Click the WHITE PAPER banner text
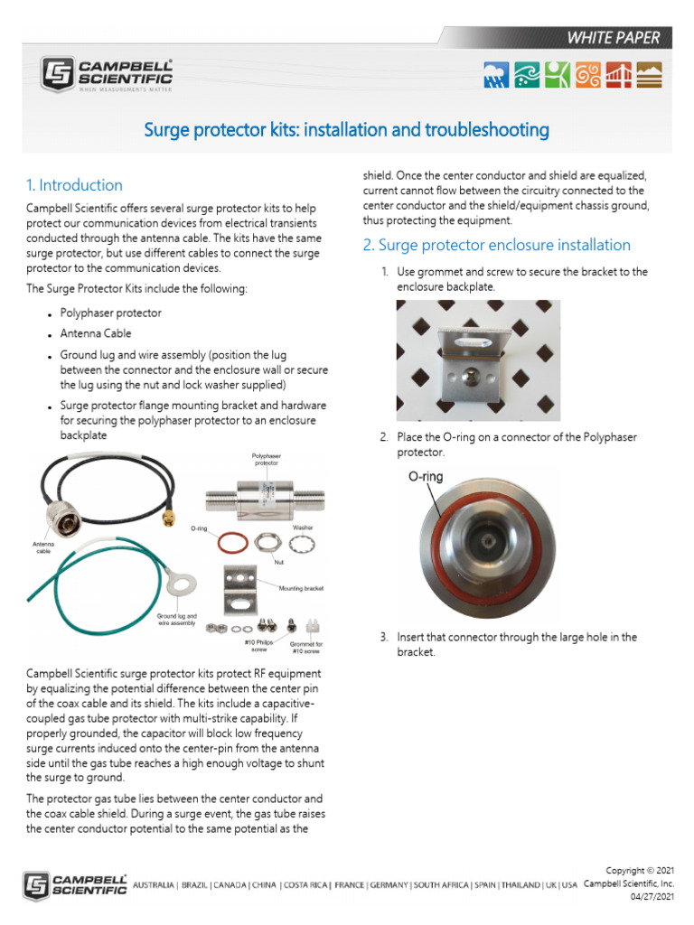613,38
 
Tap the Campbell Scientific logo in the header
107,73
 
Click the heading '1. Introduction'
74,185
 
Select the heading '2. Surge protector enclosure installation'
495,245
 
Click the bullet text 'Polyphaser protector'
110,313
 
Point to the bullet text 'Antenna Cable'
96,333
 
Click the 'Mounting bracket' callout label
302,587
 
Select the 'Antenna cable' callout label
42,547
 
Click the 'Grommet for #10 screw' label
305,648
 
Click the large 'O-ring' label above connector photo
426,476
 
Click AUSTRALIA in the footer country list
153,884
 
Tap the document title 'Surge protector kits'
347,130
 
